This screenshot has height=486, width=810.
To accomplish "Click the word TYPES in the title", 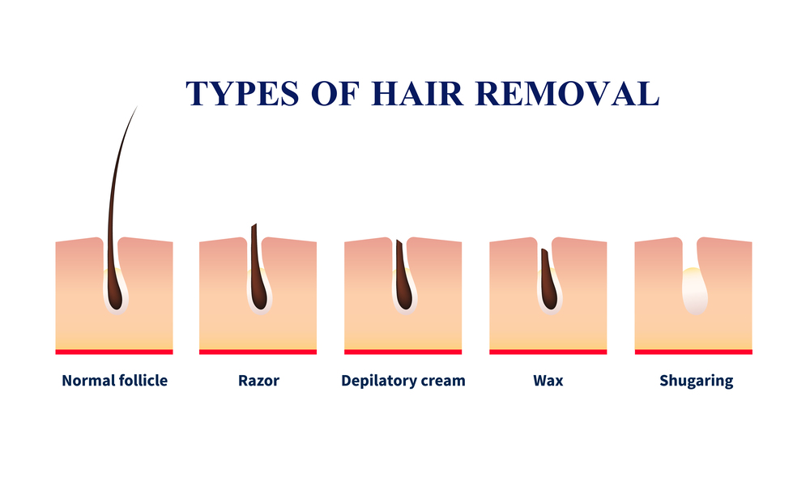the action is coord(242,93).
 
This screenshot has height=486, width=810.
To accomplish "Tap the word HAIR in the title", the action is coord(417,93).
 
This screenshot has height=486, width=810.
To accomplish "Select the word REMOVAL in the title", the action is coord(567,93).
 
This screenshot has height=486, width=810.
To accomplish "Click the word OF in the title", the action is coord(335,93).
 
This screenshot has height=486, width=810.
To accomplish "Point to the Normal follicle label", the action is coord(115,381).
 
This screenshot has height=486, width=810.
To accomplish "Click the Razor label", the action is coord(258,381).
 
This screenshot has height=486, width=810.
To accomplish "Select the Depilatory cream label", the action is coord(403,381).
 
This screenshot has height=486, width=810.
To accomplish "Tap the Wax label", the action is coord(548,381).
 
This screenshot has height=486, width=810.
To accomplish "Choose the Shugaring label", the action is coord(696,382).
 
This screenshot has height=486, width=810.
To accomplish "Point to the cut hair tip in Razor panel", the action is coord(254,226).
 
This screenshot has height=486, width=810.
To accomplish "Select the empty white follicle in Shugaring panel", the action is coord(695,291).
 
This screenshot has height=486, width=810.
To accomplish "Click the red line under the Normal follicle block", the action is coord(114,352).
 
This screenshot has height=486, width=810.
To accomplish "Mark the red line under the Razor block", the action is coord(258,352).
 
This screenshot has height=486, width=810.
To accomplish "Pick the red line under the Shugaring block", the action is coord(693,352).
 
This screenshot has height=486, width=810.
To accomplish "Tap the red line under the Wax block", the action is coord(548,352).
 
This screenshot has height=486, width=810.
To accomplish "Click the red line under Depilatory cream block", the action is coord(403,352).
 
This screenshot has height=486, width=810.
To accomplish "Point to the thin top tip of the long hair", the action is coord(138,106).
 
